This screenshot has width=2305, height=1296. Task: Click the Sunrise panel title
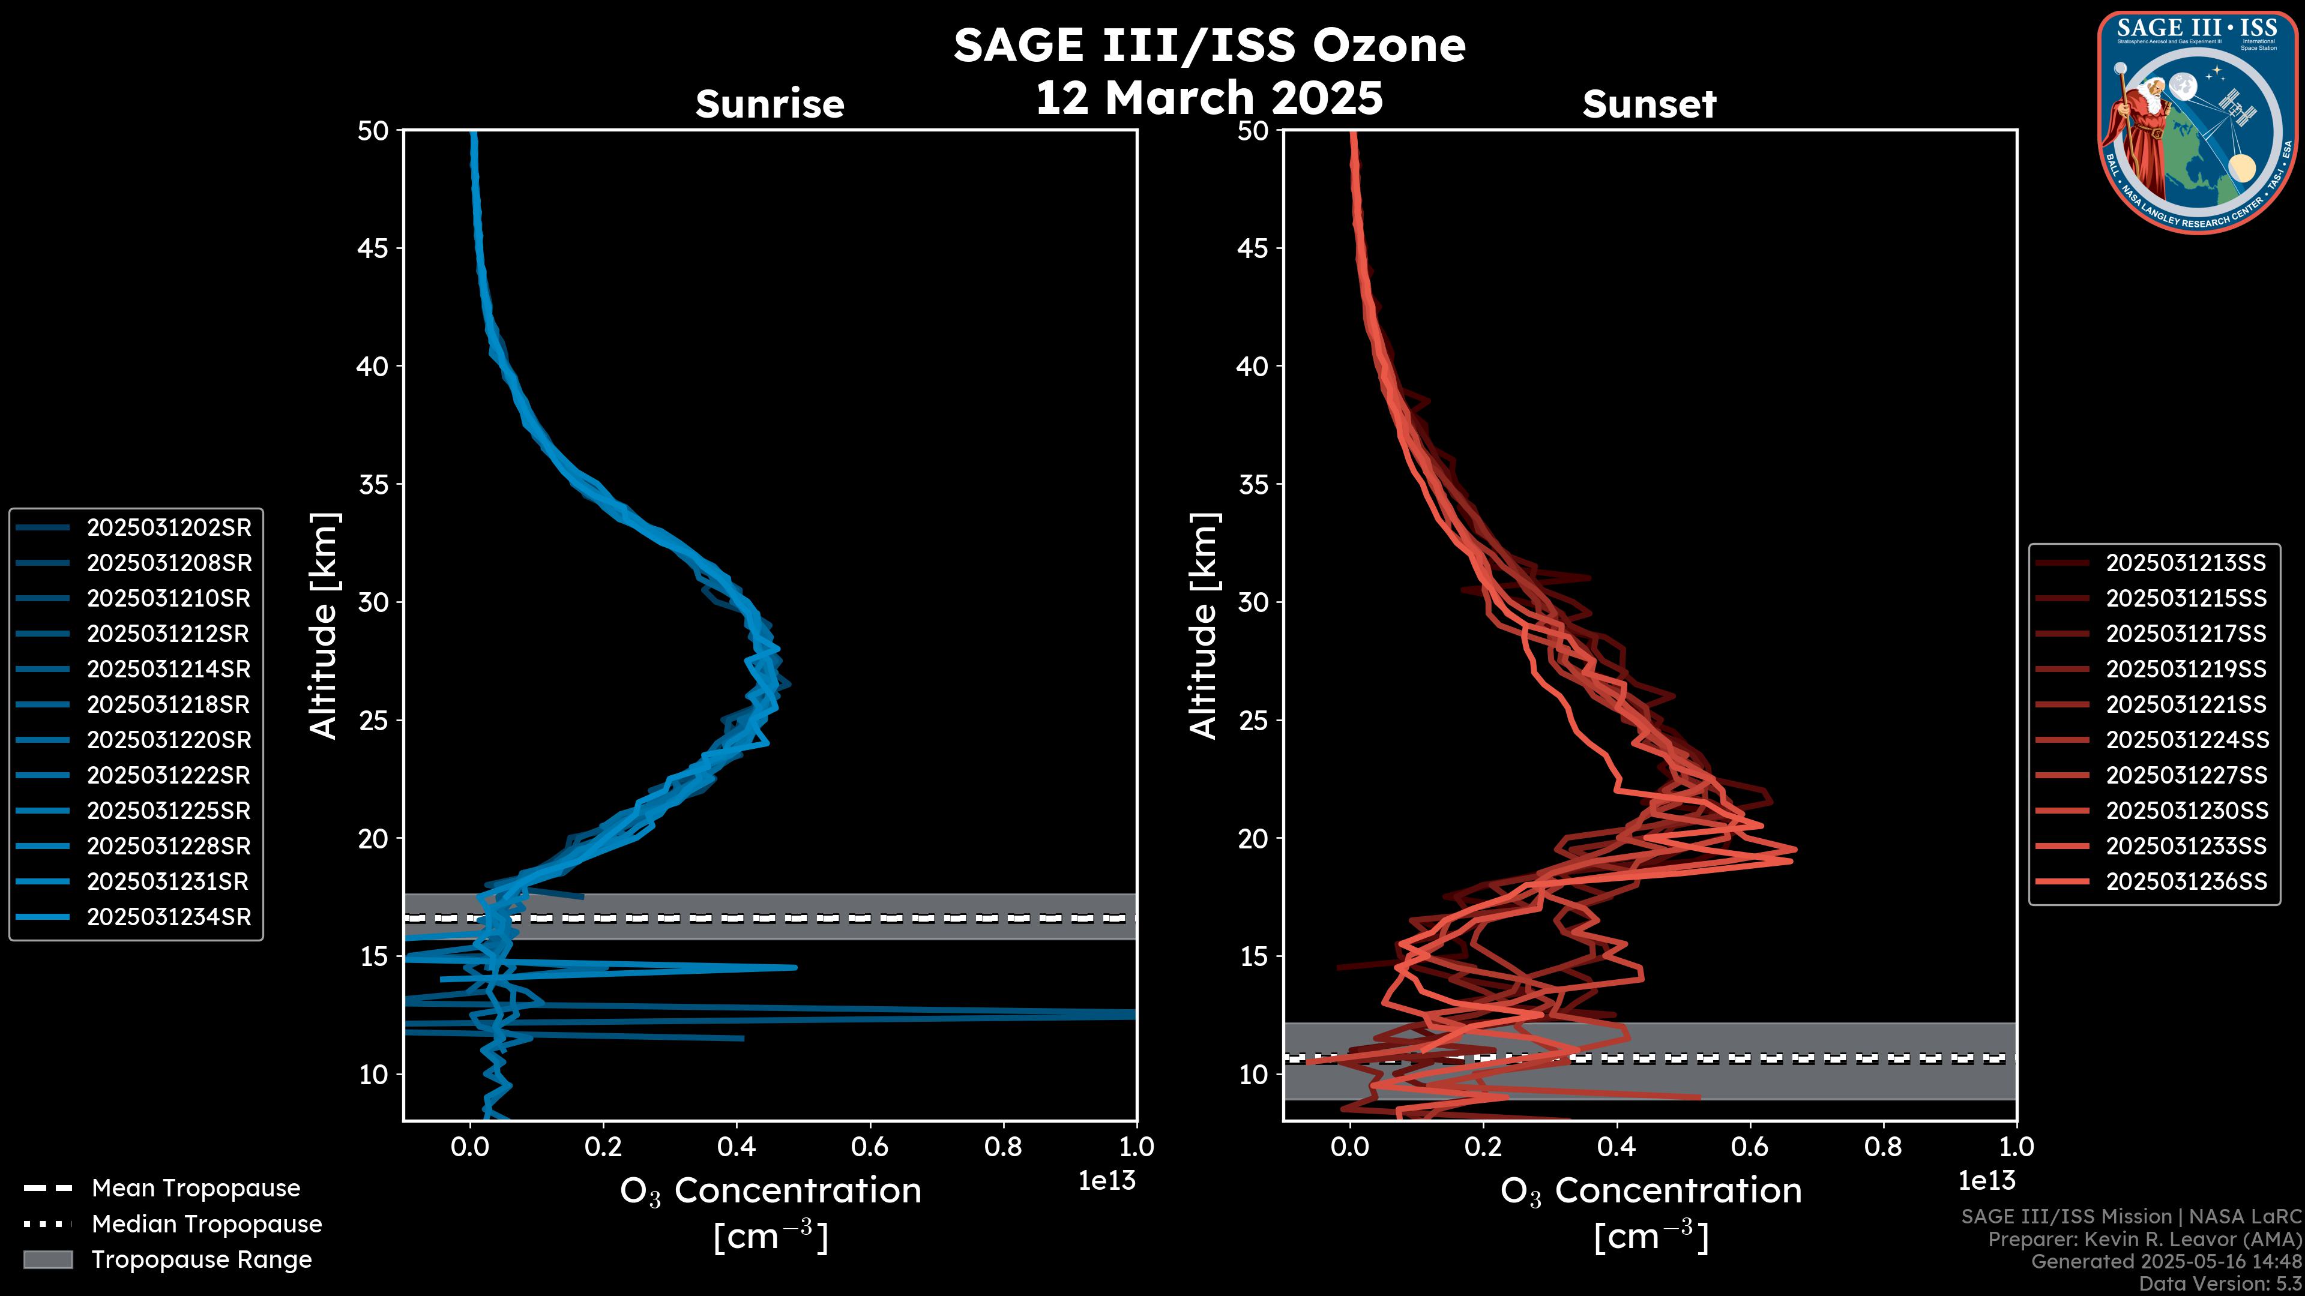pos(770,104)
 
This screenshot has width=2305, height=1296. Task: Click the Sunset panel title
pos(1649,104)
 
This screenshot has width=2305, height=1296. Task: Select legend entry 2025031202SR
pos(168,528)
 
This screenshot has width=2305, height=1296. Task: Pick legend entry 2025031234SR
pos(168,917)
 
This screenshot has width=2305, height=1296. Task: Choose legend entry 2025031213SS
pos(2185,563)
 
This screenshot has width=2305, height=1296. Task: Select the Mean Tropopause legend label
pos(196,1188)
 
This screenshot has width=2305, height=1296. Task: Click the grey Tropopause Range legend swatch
pos(47,1259)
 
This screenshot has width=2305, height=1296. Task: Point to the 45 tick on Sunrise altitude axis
pos(374,248)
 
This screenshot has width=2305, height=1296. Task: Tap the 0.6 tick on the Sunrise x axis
pos(870,1147)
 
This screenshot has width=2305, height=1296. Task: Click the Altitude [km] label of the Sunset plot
pos(1204,625)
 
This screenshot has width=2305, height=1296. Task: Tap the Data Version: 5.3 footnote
pos(2220,1283)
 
